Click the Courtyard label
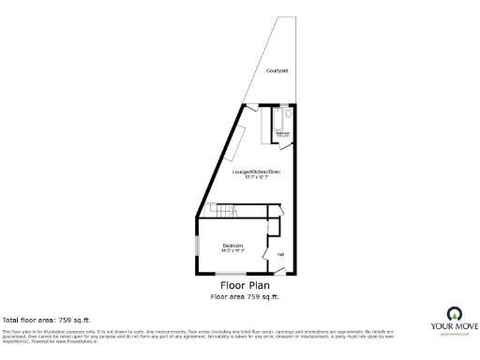[x=277, y=71]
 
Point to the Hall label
[x=280, y=253]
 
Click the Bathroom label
[x=282, y=134]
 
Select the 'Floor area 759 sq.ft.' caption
[x=246, y=296]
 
